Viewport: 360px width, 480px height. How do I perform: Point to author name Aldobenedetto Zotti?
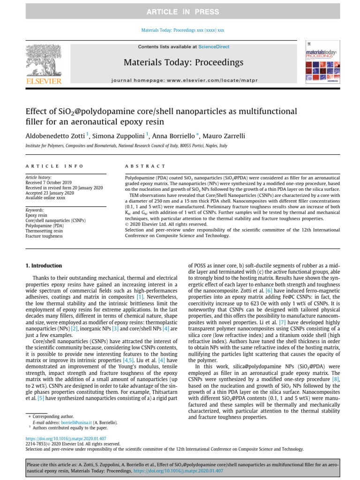pos(55,136)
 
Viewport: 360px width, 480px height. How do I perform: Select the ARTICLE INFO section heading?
pos(54,166)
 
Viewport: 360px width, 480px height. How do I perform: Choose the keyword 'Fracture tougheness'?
pos(44,236)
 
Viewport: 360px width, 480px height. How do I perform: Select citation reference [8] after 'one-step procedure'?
pos(336,378)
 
